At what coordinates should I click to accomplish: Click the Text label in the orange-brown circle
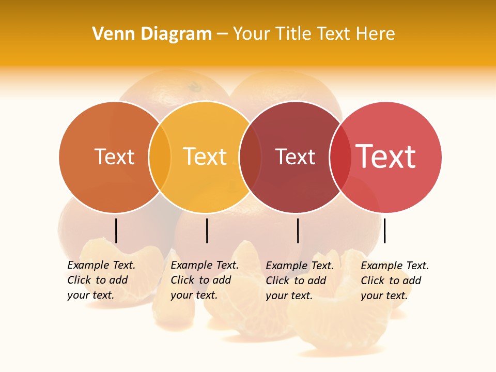[x=114, y=157]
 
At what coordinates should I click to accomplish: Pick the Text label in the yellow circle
[x=205, y=157]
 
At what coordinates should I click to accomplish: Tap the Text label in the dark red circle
[x=295, y=157]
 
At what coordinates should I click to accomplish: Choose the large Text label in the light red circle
[x=386, y=157]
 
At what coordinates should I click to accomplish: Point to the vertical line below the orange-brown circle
[x=116, y=230]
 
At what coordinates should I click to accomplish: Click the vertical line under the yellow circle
[x=207, y=230]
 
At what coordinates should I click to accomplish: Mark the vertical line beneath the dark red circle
[x=298, y=230]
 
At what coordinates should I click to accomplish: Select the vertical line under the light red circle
[x=384, y=230]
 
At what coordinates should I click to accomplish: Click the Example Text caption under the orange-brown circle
[x=101, y=280]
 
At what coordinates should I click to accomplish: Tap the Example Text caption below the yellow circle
[x=205, y=280]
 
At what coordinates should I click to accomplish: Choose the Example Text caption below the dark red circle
[x=300, y=281]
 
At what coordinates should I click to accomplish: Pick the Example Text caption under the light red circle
[x=395, y=281]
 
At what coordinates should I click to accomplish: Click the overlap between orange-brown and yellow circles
[x=160, y=157]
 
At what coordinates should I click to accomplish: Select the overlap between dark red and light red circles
[x=338, y=157]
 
